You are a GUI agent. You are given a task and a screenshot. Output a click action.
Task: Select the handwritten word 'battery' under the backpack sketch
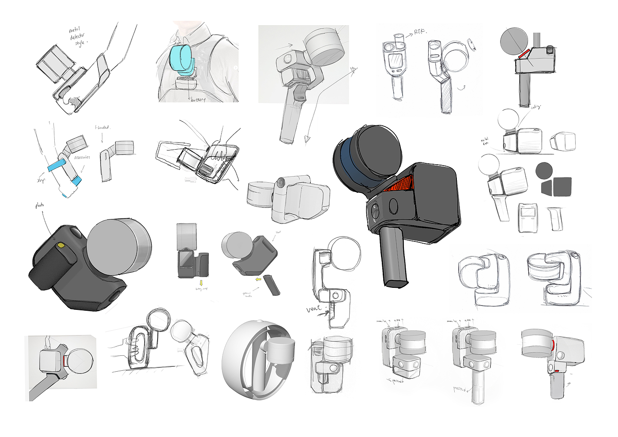coord(198,100)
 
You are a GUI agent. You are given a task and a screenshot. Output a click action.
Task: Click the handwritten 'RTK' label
coord(420,32)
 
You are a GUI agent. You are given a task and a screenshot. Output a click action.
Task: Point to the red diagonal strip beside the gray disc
coord(525,53)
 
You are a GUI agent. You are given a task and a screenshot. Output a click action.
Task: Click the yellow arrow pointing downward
coord(201,283)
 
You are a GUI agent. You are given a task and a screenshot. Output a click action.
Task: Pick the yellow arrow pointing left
coord(258,279)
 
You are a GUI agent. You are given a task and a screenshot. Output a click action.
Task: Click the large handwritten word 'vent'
coord(314,309)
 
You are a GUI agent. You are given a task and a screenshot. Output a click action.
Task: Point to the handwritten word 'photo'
coord(40,205)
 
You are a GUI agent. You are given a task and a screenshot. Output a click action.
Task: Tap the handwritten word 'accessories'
coord(82,157)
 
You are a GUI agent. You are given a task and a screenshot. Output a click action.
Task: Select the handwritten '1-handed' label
coord(102,128)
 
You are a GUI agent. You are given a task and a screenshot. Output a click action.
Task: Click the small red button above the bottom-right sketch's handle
coord(557,371)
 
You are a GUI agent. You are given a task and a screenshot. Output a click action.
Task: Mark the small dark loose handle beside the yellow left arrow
coord(271,285)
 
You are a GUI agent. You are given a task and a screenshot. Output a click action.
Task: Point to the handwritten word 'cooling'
coord(536,107)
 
